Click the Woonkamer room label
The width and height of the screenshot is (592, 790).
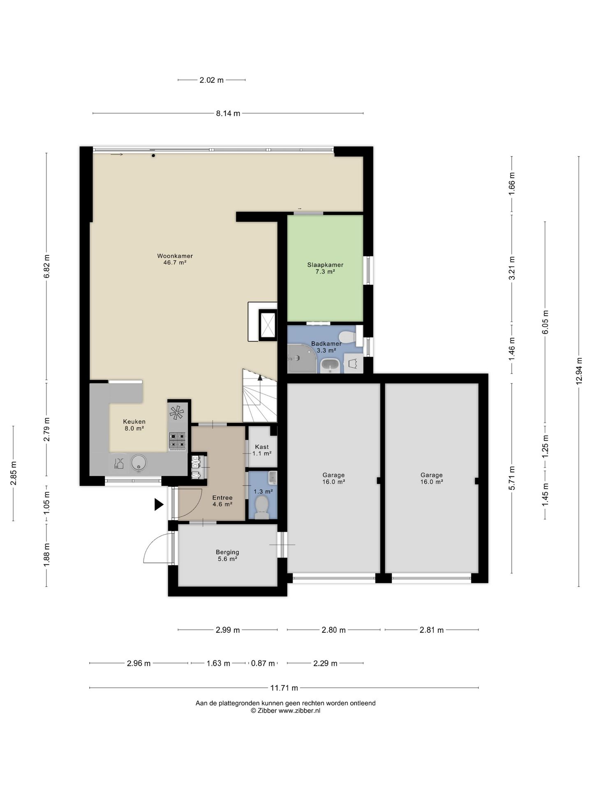tap(175, 259)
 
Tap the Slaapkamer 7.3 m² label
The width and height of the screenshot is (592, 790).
tap(325, 268)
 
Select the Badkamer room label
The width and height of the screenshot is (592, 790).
tap(326, 347)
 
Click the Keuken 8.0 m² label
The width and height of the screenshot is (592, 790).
tap(134, 425)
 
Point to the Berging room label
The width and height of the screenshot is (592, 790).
tap(227, 555)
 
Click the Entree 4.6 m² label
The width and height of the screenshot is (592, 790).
tap(222, 501)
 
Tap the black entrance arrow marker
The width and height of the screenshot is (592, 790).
tap(159, 504)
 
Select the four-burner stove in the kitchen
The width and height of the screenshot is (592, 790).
tap(177, 440)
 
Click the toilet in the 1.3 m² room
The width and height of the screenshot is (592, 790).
tap(262, 507)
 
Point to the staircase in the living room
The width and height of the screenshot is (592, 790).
tap(260, 395)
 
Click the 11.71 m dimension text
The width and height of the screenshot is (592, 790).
tap(284, 688)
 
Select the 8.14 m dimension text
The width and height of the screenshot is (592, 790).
tap(228, 114)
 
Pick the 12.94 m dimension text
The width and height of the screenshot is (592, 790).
tap(579, 369)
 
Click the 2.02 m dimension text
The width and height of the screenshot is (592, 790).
tap(212, 80)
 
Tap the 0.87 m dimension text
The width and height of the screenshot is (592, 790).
tap(263, 663)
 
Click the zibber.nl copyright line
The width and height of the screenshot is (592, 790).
tap(286, 711)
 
